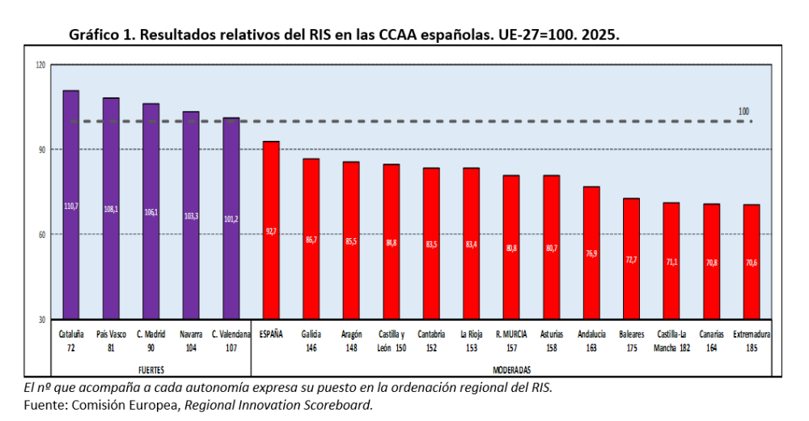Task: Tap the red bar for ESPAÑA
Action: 271,230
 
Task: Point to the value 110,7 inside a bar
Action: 70,206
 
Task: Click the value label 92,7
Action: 271,232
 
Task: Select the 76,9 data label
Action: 591,253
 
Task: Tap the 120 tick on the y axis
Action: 40,65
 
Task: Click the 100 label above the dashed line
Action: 744,111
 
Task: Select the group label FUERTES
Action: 150,369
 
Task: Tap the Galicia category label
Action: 311,334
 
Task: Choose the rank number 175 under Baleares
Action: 632,347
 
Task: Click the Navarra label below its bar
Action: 191,334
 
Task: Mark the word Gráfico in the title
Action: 95,36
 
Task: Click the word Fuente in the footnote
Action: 43,404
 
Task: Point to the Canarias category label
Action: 712,334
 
